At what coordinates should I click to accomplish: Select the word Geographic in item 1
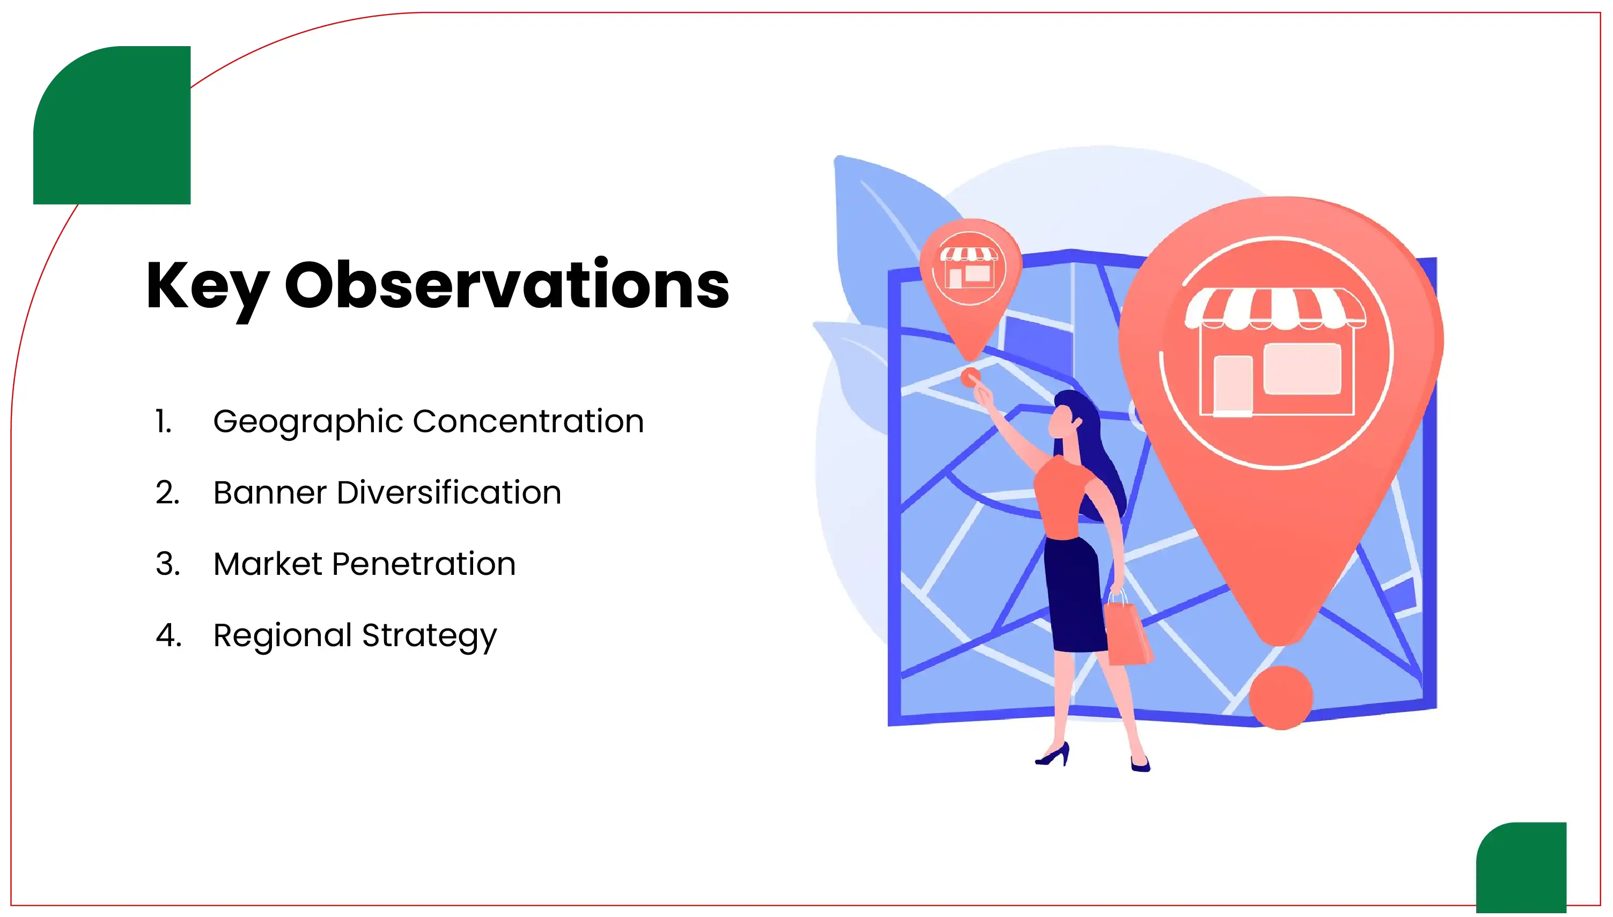pyautogui.click(x=308, y=422)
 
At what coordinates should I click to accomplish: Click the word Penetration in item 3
pyautogui.click(x=424, y=564)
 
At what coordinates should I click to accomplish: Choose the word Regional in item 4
pyautogui.click(x=282, y=635)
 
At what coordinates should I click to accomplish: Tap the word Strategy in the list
pyautogui.click(x=430, y=636)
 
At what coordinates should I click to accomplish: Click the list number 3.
pyautogui.click(x=167, y=564)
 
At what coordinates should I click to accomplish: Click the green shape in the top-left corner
pyautogui.click(x=112, y=125)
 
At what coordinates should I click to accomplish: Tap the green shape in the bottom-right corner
pyautogui.click(x=1521, y=868)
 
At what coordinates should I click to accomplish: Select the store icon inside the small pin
pyautogui.click(x=969, y=267)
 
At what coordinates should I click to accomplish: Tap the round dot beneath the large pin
pyautogui.click(x=1280, y=698)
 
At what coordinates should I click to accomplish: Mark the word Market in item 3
pyautogui.click(x=268, y=564)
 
